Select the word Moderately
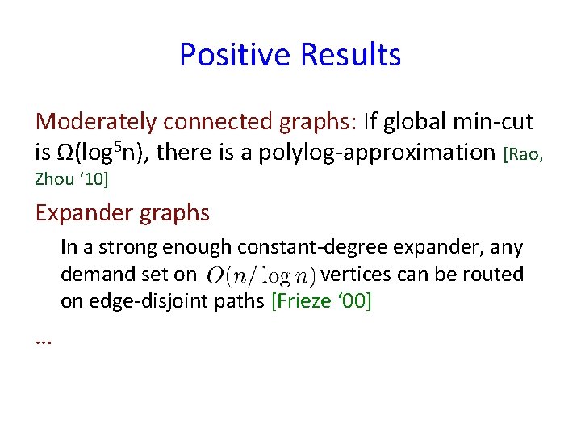click(97, 122)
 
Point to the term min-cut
click(501, 122)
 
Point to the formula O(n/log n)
click(261, 275)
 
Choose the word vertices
click(356, 275)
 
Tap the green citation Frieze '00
click(322, 302)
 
